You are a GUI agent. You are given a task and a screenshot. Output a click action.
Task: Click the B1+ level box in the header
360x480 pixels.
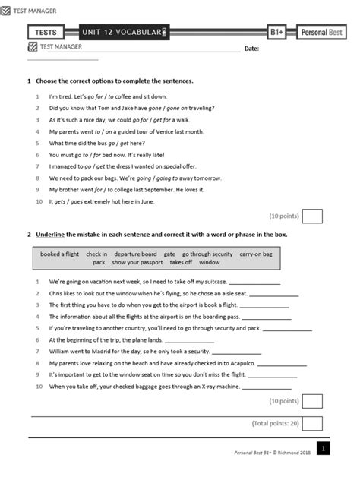[277, 33]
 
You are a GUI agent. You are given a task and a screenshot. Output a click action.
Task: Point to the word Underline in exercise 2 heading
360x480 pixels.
[52, 235]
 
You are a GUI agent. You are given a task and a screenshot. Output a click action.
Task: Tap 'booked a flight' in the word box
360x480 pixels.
[60, 254]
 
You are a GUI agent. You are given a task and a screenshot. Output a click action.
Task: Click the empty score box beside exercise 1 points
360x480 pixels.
[312, 216]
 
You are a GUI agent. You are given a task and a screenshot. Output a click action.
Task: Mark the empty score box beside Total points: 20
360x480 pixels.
[312, 423]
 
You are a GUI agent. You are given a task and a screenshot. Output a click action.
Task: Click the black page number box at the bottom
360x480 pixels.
[323, 450]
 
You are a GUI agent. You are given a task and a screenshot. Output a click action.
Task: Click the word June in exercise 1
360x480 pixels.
[147, 201]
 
